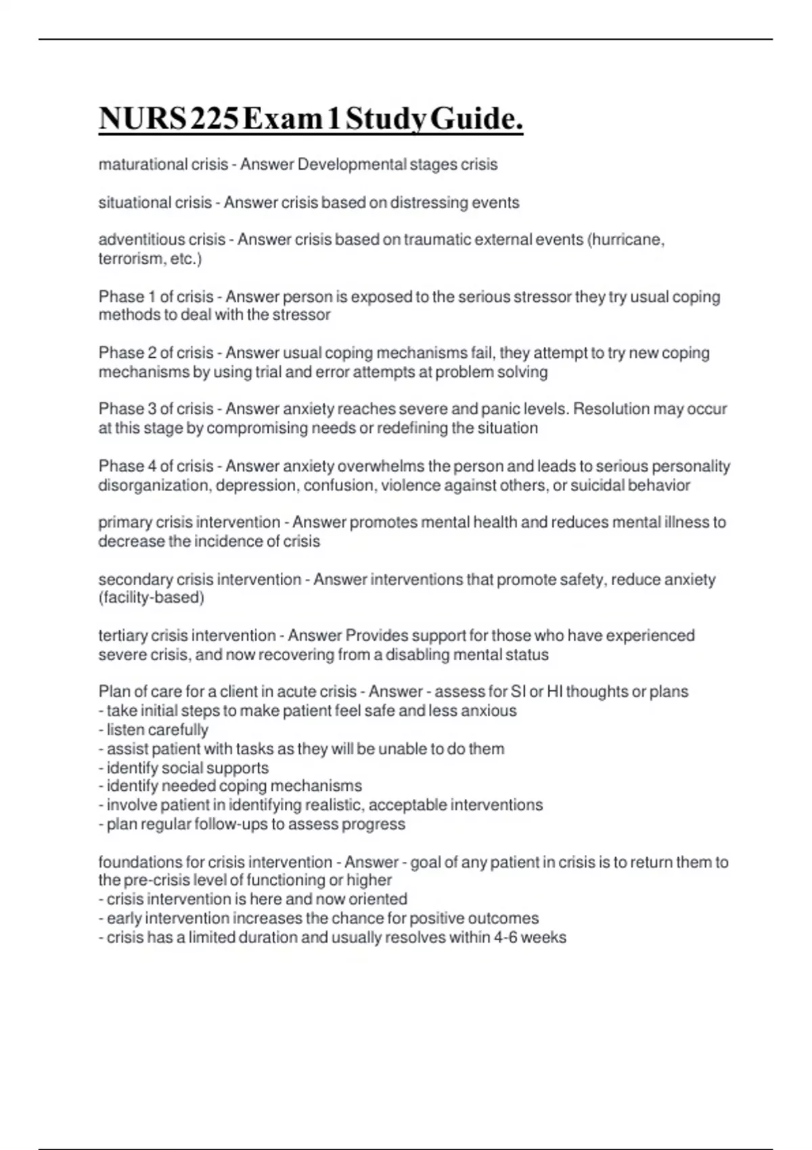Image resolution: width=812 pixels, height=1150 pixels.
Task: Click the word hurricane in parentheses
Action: (x=627, y=239)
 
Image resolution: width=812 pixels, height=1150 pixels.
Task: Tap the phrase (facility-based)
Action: (x=152, y=597)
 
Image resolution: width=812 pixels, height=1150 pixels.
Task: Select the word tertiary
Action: (x=122, y=635)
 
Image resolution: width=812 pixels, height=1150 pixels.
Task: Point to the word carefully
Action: (x=178, y=730)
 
